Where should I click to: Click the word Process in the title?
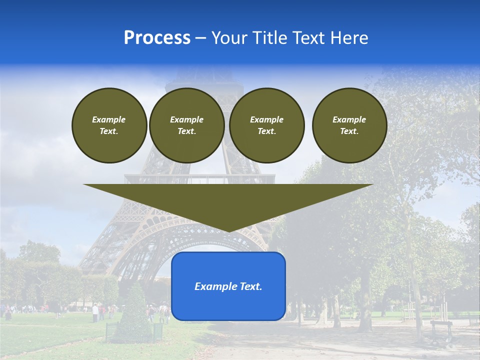[157, 38]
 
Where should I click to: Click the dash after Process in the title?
[201, 38]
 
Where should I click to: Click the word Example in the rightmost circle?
[349, 119]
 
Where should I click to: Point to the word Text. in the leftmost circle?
[109, 131]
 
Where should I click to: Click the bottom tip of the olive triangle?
[228, 230]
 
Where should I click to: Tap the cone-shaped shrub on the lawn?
[134, 307]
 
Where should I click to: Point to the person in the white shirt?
[95, 312]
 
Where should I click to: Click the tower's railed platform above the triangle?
[200, 178]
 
